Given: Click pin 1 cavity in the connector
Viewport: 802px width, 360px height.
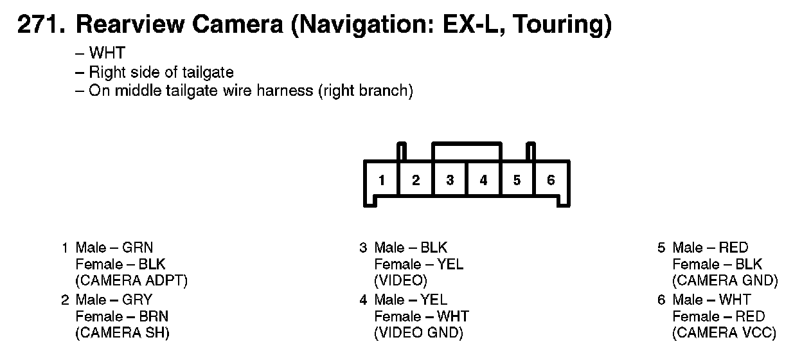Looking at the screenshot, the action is point(382,181).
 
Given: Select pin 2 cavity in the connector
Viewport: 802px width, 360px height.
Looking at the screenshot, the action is point(416,181).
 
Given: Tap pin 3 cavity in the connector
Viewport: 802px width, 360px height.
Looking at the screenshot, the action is point(450,181).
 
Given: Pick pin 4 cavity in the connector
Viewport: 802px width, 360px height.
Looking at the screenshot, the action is point(483,181).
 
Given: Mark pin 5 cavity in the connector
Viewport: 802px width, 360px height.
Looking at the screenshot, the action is point(517,181).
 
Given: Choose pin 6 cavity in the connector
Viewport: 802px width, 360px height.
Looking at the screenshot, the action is point(551,181).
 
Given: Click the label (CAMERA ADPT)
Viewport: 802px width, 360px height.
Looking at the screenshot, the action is point(131,281).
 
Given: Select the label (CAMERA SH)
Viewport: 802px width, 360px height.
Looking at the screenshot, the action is point(122,333).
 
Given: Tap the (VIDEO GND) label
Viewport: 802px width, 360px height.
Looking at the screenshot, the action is point(418,333).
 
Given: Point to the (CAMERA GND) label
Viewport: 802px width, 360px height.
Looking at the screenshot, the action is point(725,281).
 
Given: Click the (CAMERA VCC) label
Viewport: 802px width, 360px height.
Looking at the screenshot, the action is point(724,333).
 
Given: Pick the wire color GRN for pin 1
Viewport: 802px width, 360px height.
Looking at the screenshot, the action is point(138,248).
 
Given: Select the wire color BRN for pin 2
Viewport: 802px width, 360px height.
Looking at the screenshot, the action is point(154,316).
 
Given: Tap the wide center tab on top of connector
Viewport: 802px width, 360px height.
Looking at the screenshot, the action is point(467,151).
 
